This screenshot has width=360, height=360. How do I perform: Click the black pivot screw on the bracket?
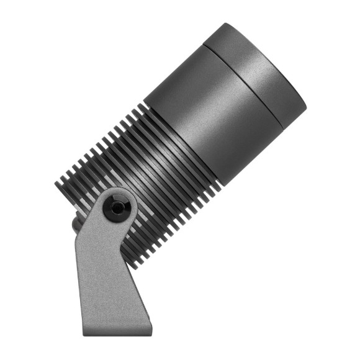(x=117, y=207)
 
